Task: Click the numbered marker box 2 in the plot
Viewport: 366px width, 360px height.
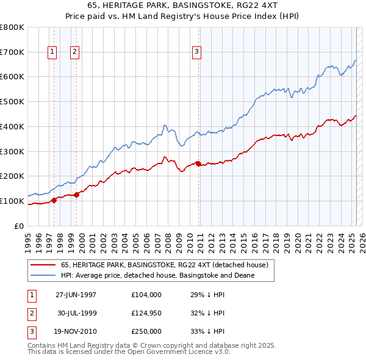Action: click(x=74, y=52)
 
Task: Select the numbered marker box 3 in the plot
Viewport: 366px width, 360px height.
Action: click(x=197, y=52)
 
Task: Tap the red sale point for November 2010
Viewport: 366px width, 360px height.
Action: click(x=199, y=164)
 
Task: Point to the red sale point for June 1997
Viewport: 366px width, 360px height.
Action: click(x=54, y=200)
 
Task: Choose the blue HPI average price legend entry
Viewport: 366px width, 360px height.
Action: click(x=157, y=275)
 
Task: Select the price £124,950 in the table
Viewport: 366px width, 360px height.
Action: click(x=146, y=313)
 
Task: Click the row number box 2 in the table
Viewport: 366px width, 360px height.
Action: click(x=30, y=313)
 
